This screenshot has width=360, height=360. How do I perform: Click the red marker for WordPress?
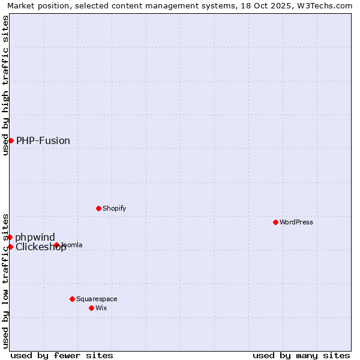click(x=276, y=222)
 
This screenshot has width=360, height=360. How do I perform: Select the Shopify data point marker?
click(x=99, y=208)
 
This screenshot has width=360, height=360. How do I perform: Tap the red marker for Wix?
click(x=91, y=308)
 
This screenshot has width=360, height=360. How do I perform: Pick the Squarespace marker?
click(x=72, y=299)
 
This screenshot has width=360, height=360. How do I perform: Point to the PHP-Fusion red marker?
click(x=11, y=140)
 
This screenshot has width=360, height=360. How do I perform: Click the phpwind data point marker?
click(x=10, y=237)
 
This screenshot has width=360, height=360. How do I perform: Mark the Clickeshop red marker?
click(x=10, y=247)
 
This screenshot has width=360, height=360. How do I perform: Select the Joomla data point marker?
click(x=56, y=245)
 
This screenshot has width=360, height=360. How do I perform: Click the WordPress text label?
click(x=296, y=222)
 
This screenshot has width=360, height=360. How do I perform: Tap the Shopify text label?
click(x=115, y=208)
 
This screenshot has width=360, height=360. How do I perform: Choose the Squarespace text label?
click(x=97, y=299)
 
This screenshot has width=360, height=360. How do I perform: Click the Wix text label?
click(x=101, y=308)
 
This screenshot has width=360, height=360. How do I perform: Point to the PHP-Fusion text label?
click(x=43, y=140)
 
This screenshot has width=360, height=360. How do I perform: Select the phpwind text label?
click(x=35, y=237)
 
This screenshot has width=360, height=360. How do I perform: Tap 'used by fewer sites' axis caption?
click(x=62, y=355)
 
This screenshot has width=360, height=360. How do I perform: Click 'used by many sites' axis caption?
click(x=301, y=355)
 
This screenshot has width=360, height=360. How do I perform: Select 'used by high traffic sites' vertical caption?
click(x=5, y=85)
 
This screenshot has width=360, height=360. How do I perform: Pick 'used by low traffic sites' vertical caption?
click(x=5, y=280)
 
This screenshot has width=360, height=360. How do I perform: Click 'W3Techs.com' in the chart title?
click(x=325, y=5)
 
